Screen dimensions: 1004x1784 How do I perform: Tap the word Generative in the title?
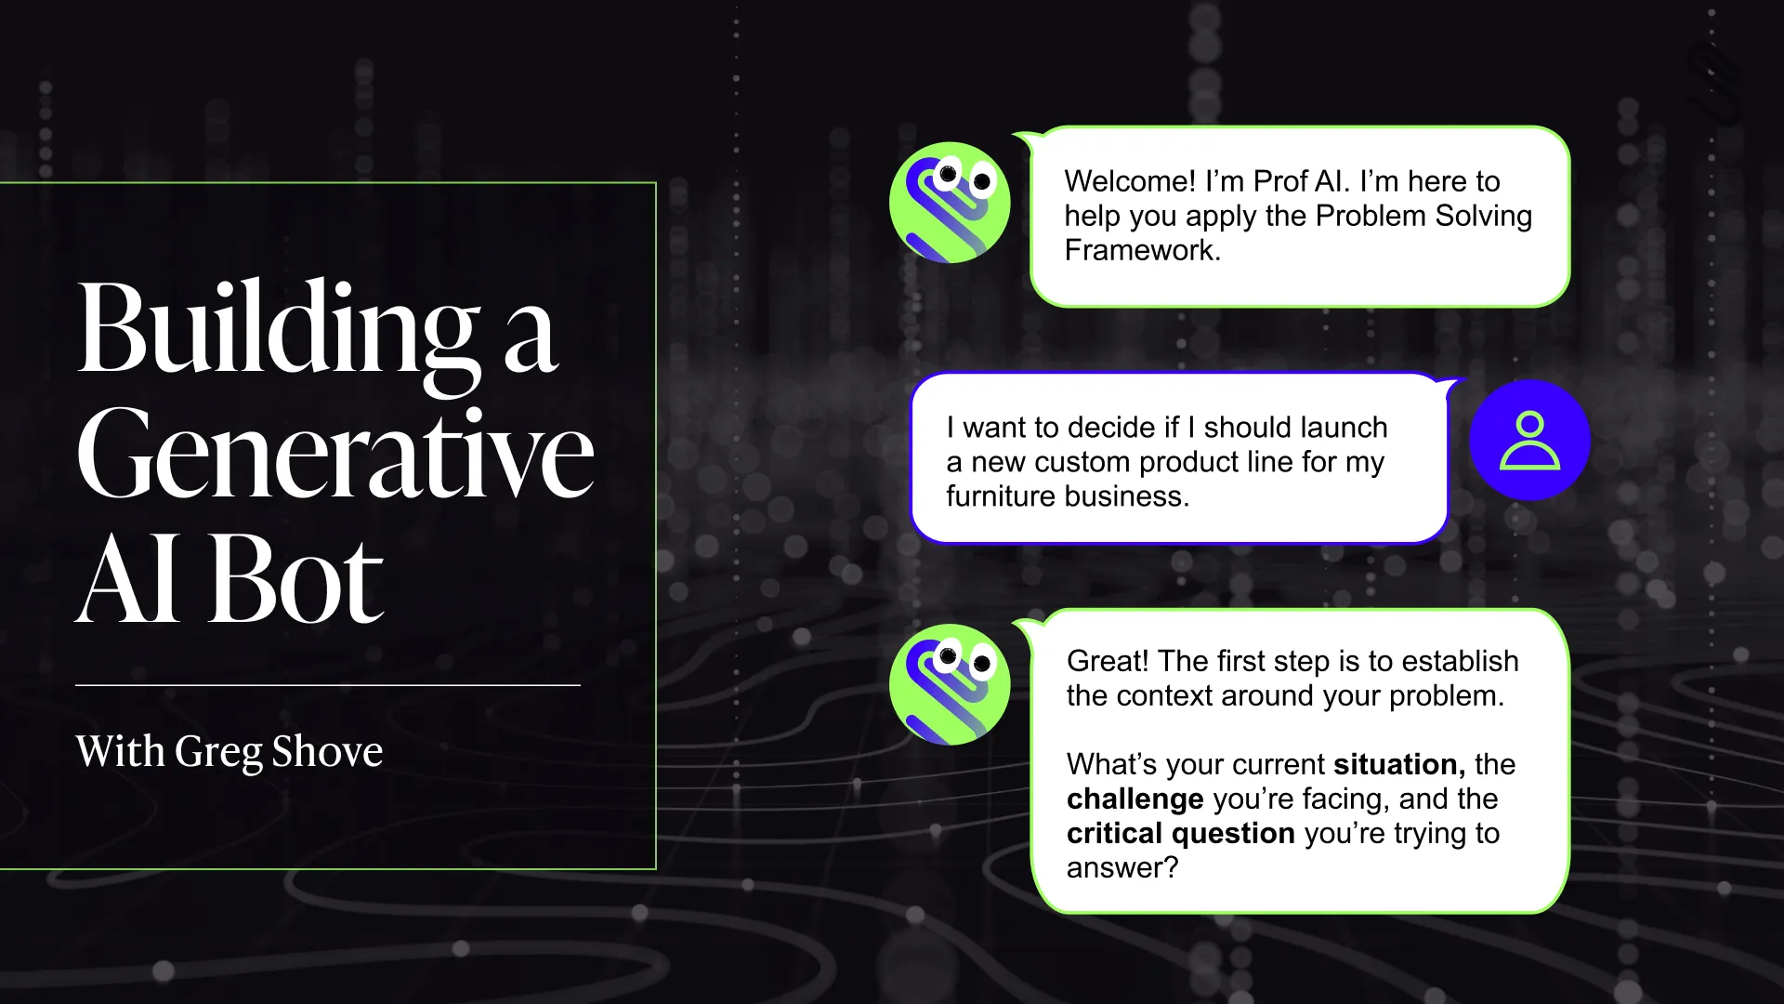pyautogui.click(x=334, y=456)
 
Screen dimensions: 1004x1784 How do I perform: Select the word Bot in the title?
pyautogui.click(x=295, y=581)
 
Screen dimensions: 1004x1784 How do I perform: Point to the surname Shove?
pyautogui.click(x=327, y=751)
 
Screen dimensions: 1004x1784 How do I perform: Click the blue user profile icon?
pyautogui.click(x=1529, y=441)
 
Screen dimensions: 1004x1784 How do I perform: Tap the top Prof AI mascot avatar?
pyautogui.click(x=950, y=203)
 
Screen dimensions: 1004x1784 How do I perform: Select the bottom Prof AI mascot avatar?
pyautogui.click(x=950, y=684)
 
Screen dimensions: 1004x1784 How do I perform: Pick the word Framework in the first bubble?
pyautogui.click(x=1139, y=250)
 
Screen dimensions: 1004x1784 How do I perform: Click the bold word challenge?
pyautogui.click(x=1135, y=799)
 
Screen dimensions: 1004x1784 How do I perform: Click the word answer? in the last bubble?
pyautogui.click(x=1122, y=868)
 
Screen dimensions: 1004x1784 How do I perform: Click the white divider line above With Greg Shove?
pyautogui.click(x=327, y=685)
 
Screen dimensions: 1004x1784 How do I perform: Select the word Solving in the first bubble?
pyautogui.click(x=1483, y=216)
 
